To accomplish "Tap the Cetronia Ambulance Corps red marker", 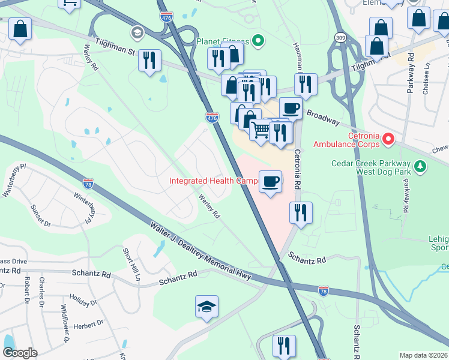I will pyautogui.click(x=388, y=140).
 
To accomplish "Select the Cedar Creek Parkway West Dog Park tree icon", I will pyautogui.click(x=421, y=166).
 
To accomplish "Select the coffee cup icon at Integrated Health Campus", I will pyautogui.click(x=270, y=181).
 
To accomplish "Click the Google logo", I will pyautogui.click(x=19, y=353).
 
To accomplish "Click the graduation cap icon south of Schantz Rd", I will pyautogui.click(x=206, y=307).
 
